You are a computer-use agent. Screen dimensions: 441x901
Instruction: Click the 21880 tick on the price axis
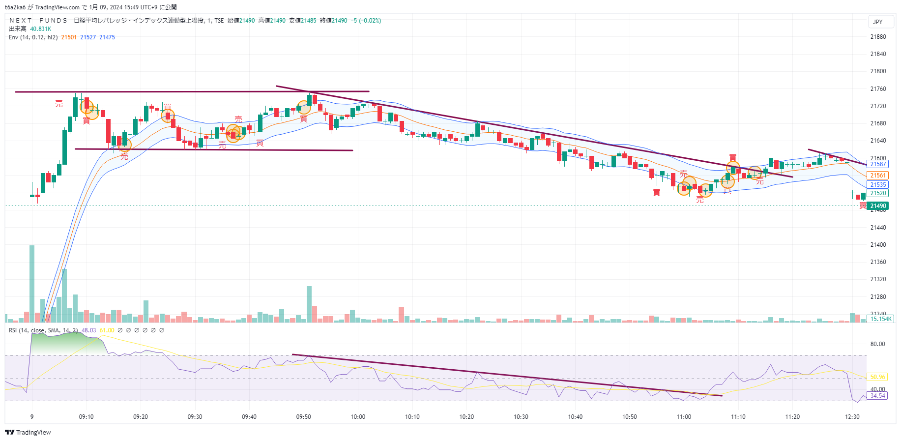pyautogui.click(x=878, y=37)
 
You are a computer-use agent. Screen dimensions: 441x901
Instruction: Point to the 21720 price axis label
pyautogui.click(x=878, y=106)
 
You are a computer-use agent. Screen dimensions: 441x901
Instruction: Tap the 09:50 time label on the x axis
pyautogui.click(x=303, y=417)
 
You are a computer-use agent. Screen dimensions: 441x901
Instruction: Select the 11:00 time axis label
pyautogui.click(x=684, y=417)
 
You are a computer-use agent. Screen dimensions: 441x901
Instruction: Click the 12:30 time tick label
pyautogui.click(x=852, y=417)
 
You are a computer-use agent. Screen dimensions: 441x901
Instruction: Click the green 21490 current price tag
pyautogui.click(x=877, y=206)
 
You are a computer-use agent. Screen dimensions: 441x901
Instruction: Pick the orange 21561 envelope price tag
pyautogui.click(x=877, y=176)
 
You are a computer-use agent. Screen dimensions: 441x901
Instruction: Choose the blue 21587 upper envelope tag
pyautogui.click(x=877, y=164)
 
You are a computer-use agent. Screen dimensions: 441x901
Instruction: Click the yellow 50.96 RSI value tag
pyautogui.click(x=877, y=377)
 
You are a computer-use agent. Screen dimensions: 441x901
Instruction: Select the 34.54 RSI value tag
pyautogui.click(x=877, y=395)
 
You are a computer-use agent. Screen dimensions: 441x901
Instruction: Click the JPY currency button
pyautogui.click(x=877, y=22)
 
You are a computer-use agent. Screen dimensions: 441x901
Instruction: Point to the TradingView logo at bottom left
pyautogui.click(x=28, y=433)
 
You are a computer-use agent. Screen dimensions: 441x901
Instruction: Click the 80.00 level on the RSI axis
pyautogui.click(x=877, y=344)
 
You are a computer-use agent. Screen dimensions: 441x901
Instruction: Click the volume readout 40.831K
pyautogui.click(x=40, y=29)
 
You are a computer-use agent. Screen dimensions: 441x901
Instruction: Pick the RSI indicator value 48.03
pyautogui.click(x=88, y=330)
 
